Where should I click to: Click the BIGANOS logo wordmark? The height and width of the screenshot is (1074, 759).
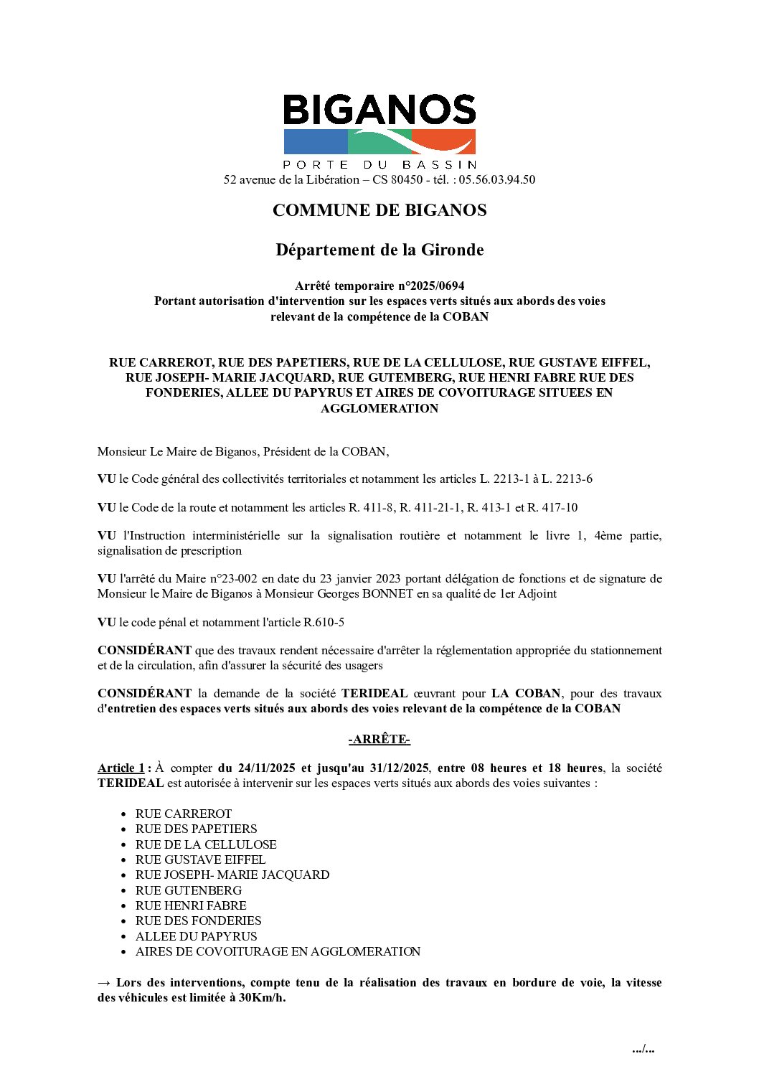point(379,110)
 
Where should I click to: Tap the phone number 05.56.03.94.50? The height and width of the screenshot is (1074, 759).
point(497,180)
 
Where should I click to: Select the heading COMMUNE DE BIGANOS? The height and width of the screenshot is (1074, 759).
point(379,211)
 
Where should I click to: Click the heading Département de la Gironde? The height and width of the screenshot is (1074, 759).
point(379,250)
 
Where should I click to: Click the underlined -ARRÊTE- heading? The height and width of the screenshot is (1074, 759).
point(379,740)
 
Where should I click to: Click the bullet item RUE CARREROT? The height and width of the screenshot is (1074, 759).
point(184,814)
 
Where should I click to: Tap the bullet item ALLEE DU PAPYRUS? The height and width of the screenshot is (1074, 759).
point(196,937)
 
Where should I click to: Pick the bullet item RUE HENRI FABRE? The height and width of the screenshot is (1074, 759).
point(191,906)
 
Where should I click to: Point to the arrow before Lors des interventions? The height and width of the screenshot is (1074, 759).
point(104,983)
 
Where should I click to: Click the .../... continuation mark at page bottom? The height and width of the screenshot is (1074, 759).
point(643,1050)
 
